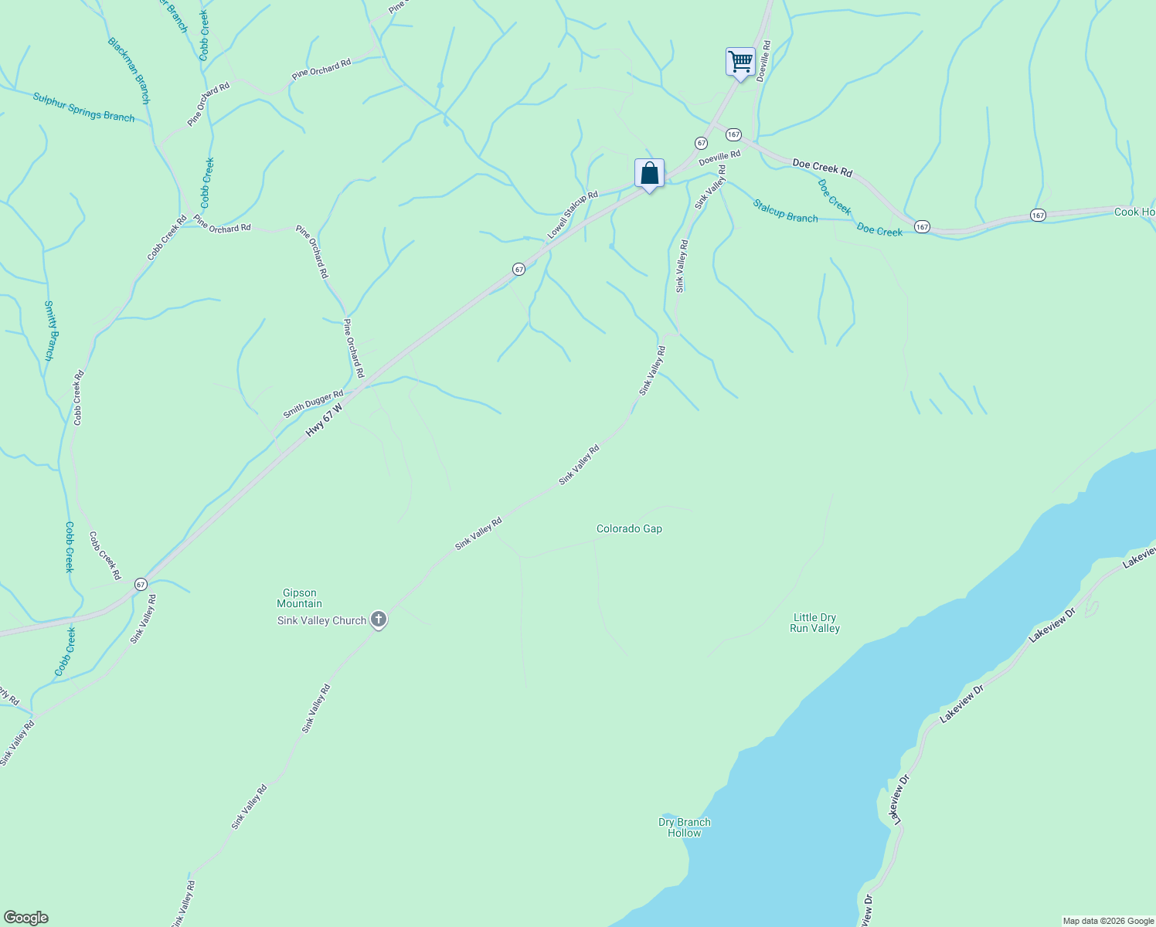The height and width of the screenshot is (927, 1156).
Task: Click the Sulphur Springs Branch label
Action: [x=83, y=107]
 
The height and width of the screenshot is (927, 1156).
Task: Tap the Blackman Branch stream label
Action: [x=128, y=70]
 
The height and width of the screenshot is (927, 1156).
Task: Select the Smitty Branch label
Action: [x=49, y=331]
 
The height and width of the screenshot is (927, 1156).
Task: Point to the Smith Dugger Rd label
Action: [x=312, y=404]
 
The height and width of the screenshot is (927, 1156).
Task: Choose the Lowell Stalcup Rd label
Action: [x=573, y=215]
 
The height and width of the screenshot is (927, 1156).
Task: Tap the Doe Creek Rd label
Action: [x=822, y=168]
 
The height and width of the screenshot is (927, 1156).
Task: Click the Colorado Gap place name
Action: [x=629, y=529]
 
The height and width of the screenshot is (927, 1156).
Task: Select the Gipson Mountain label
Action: [x=299, y=598]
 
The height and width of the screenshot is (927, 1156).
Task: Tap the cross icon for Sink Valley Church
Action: [x=379, y=620]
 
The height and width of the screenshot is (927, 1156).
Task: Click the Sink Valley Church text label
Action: [x=321, y=620]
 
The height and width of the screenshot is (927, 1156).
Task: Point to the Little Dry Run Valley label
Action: [x=814, y=623]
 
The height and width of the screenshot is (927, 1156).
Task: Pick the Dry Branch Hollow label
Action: [x=684, y=827]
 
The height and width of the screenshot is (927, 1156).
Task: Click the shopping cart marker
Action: [x=740, y=61]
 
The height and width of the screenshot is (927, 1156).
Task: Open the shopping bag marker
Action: [x=649, y=173]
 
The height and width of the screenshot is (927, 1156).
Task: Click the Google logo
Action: [x=25, y=918]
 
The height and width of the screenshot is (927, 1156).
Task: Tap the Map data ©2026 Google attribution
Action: [x=1107, y=921]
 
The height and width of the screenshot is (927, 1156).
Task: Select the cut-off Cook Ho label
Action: [x=1134, y=212]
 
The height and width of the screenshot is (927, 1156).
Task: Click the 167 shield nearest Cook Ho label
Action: [x=1038, y=216]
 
